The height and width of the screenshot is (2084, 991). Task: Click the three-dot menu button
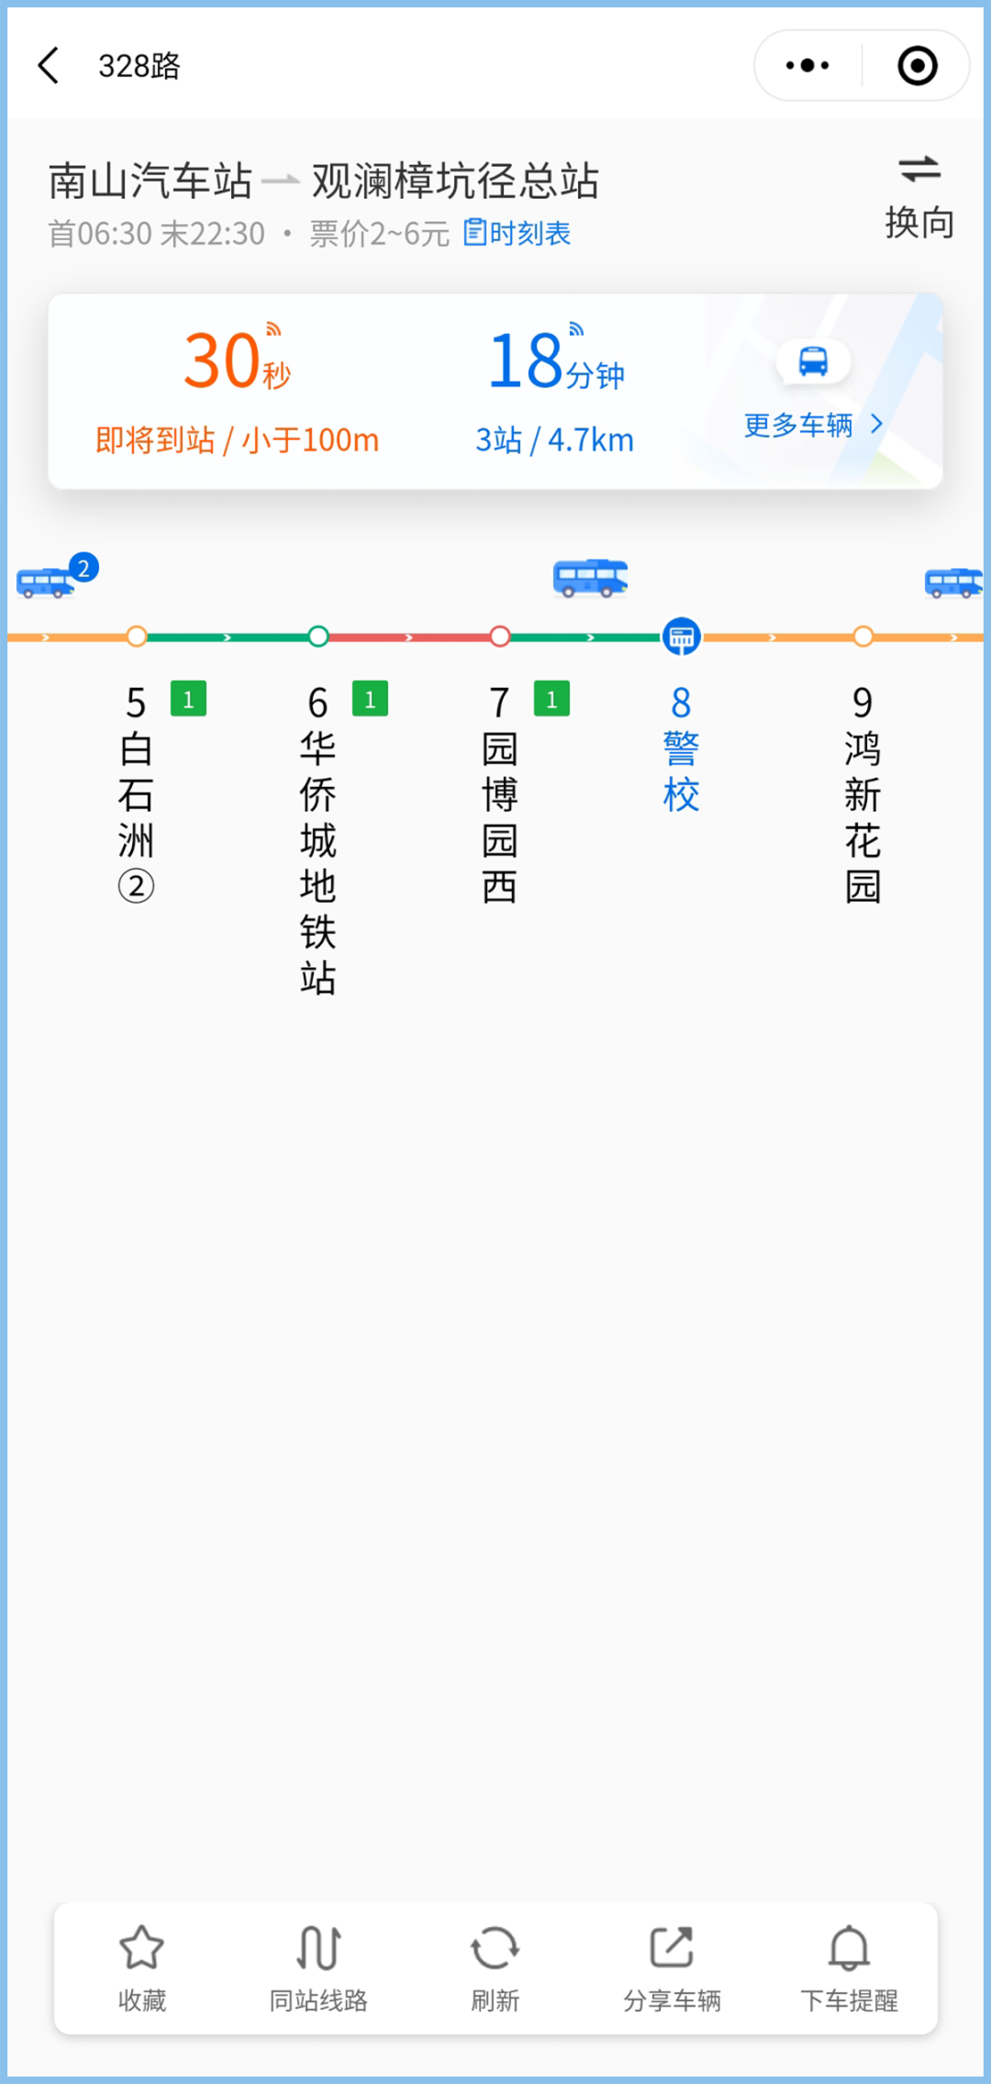pos(807,66)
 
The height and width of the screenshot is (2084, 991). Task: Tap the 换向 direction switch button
pos(919,196)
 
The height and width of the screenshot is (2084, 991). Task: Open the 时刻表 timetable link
pos(518,233)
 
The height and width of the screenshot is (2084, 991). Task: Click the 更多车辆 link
pos(811,425)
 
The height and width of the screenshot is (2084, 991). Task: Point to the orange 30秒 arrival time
pos(237,361)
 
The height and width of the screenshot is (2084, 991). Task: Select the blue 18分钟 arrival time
pos(555,361)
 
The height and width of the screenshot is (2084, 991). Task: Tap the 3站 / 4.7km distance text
pos(554,440)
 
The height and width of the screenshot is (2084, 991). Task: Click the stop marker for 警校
pos(681,637)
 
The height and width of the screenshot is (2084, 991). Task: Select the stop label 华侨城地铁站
pos(317,862)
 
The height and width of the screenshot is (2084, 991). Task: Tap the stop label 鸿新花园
pos(863,816)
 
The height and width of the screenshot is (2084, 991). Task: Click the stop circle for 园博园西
pos(500,637)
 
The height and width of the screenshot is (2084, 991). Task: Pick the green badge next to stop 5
pos(188,699)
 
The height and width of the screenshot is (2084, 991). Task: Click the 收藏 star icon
pos(142,1948)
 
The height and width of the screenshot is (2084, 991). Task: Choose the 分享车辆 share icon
pos(672,1948)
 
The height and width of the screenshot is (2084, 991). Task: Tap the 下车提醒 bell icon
pos(849,1948)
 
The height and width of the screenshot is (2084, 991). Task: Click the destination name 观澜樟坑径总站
pos(455,181)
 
